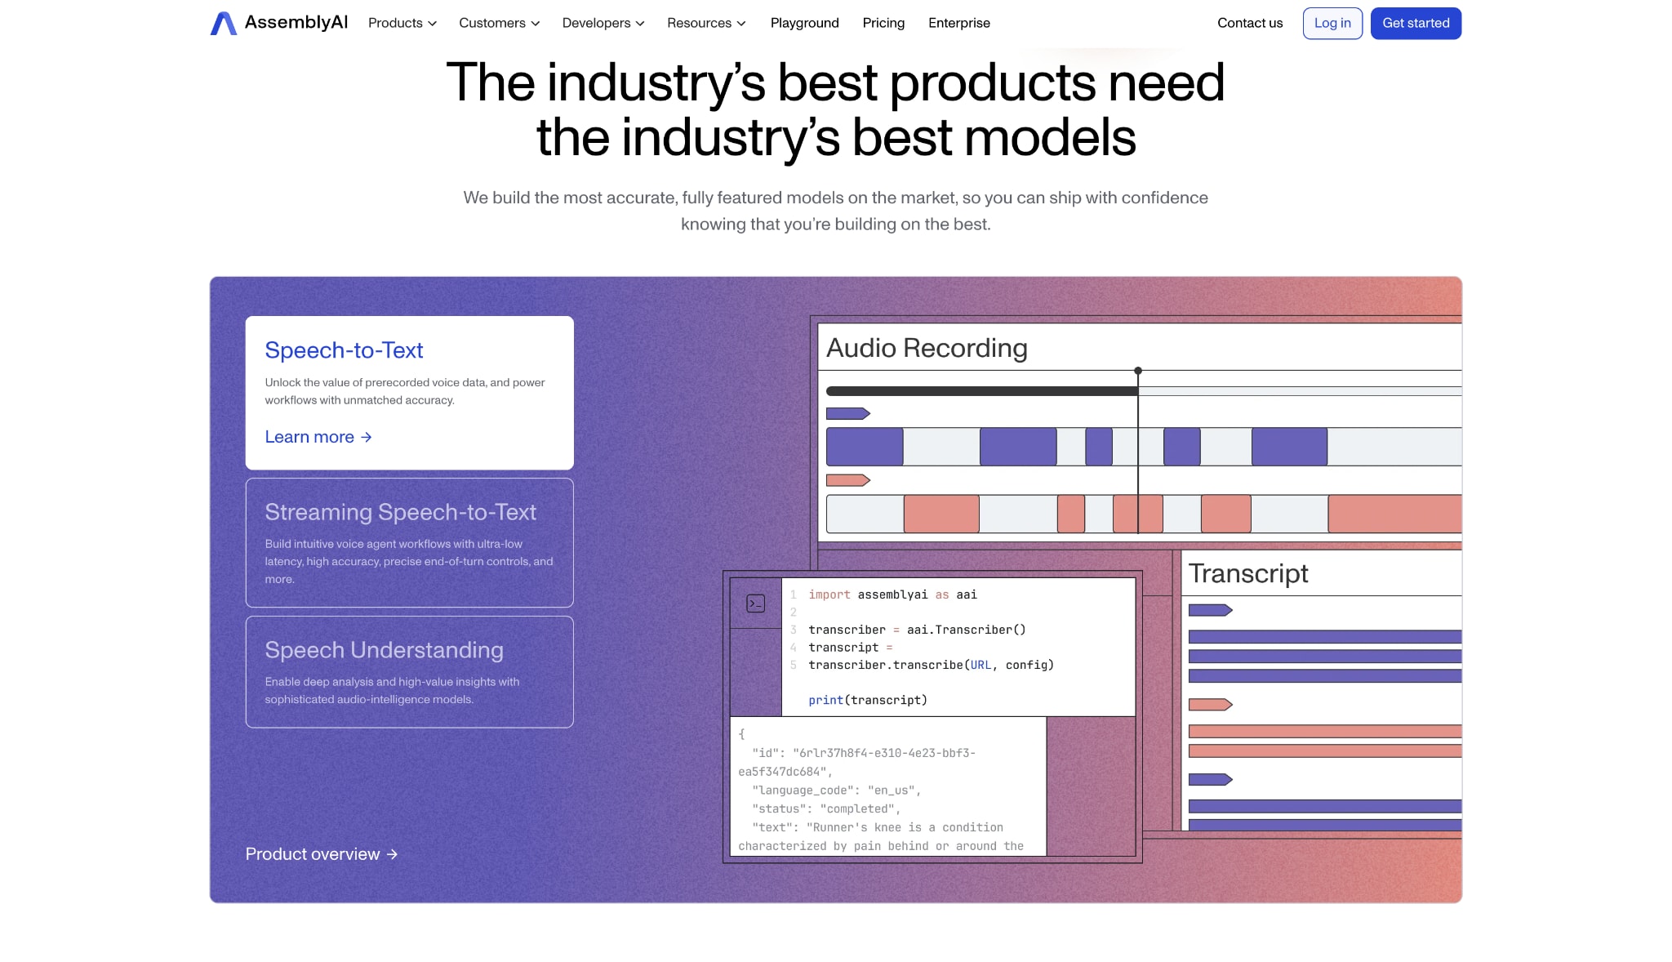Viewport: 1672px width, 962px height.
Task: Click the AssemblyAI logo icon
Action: tap(223, 23)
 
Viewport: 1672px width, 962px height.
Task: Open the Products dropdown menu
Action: tap(402, 23)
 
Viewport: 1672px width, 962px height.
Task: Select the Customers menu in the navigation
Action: tap(499, 23)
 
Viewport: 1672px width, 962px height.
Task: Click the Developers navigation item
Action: tap(603, 23)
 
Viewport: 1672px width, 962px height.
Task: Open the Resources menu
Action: tap(706, 23)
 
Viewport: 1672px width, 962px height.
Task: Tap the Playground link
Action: tap(804, 23)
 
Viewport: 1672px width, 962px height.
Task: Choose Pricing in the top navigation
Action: tap(883, 23)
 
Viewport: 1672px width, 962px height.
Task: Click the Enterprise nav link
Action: tap(958, 23)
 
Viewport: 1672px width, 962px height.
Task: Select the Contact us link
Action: tap(1250, 23)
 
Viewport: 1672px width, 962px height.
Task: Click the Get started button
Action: tap(1416, 23)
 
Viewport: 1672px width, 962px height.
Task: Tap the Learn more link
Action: tap(318, 437)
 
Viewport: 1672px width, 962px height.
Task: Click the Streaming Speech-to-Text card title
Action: tap(400, 512)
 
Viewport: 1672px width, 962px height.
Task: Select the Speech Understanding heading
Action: tap(384, 650)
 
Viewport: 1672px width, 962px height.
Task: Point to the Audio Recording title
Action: tap(927, 348)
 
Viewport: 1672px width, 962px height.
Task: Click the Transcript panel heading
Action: tap(1248, 573)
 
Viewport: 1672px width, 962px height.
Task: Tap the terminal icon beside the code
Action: tap(756, 603)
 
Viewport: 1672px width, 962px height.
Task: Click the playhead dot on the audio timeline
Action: tap(1138, 371)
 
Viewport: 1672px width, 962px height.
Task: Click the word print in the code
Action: tap(825, 700)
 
